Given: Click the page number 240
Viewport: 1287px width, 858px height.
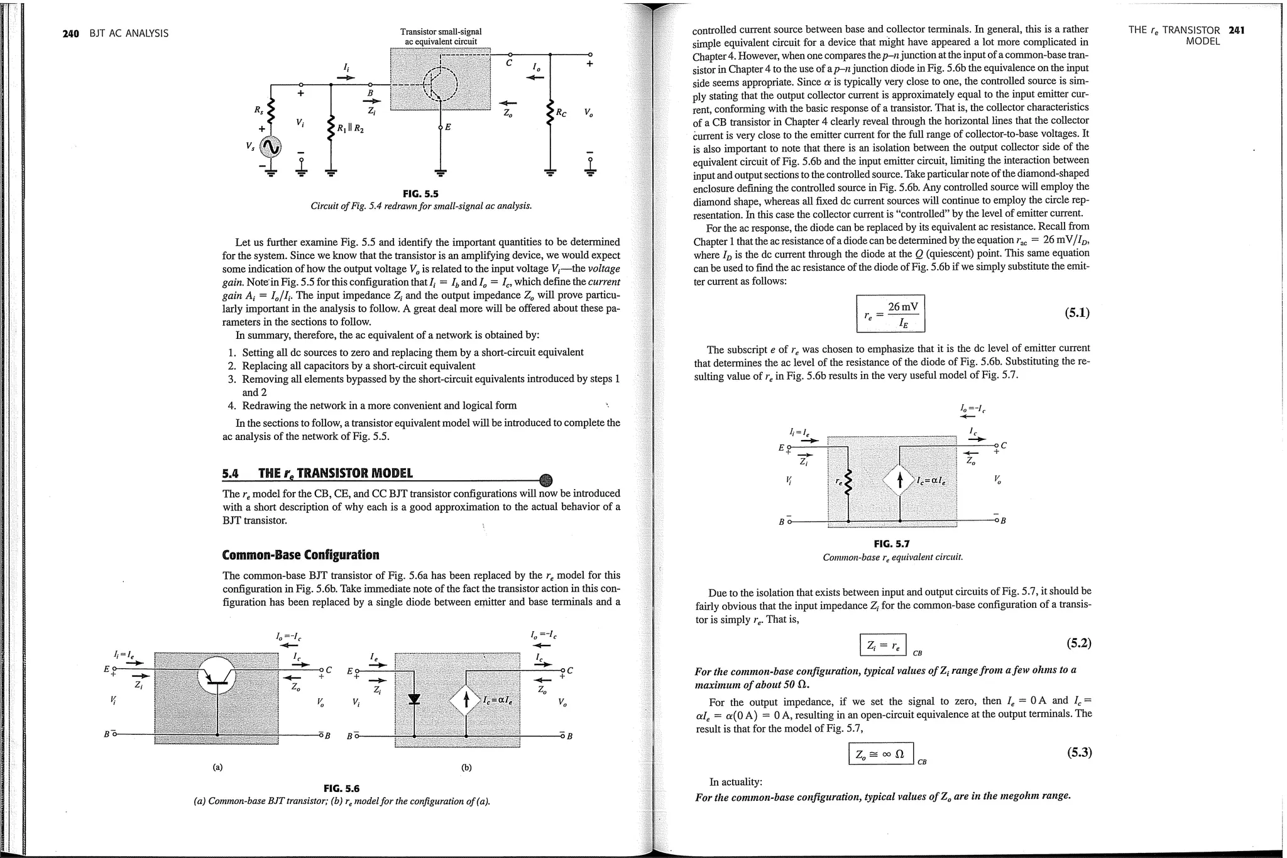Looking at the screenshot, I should click(x=70, y=33).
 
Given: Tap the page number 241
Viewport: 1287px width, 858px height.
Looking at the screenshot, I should click(x=1236, y=30).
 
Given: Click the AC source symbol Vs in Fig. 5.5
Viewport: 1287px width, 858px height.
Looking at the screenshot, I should click(x=271, y=147).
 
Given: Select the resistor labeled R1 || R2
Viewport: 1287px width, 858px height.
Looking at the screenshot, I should click(x=331, y=129).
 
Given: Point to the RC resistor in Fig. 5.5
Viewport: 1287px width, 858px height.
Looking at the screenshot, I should click(x=550, y=112).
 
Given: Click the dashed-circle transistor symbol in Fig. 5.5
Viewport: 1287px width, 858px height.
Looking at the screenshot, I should click(x=441, y=83).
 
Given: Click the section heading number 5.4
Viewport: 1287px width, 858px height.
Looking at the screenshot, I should click(x=232, y=473).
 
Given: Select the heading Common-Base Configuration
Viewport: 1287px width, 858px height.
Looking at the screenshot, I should click(x=300, y=555).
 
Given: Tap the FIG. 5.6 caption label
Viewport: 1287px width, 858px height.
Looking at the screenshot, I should click(x=341, y=788).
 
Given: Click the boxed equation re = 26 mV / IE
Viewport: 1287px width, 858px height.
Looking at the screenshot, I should click(x=890, y=314).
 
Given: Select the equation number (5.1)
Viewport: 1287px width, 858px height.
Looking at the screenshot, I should click(x=1076, y=313).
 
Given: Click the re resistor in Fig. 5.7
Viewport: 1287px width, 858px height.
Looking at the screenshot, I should click(x=848, y=481).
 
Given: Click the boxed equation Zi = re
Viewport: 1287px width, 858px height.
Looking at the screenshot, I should click(x=882, y=645).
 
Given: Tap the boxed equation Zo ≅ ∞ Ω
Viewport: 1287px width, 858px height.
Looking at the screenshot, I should click(x=880, y=754).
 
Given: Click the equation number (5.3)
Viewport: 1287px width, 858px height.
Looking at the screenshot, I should click(x=1079, y=752).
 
